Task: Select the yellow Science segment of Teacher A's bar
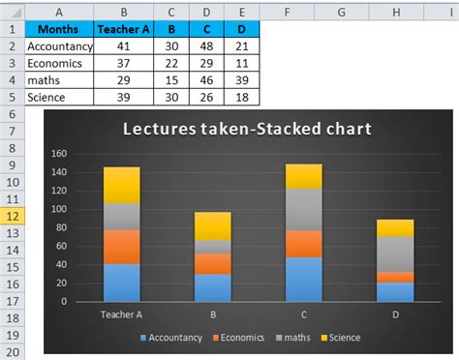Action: click(122, 185)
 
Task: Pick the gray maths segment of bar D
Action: click(394, 254)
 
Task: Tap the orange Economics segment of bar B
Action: click(212, 263)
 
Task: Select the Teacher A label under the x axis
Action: click(122, 314)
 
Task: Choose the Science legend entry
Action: click(340, 337)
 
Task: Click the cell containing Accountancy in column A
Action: click(60, 45)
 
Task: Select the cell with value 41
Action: click(123, 45)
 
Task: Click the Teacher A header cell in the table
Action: click(123, 28)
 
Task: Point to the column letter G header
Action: click(343, 11)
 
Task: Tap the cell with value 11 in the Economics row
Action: click(242, 63)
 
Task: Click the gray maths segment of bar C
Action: click(303, 209)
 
